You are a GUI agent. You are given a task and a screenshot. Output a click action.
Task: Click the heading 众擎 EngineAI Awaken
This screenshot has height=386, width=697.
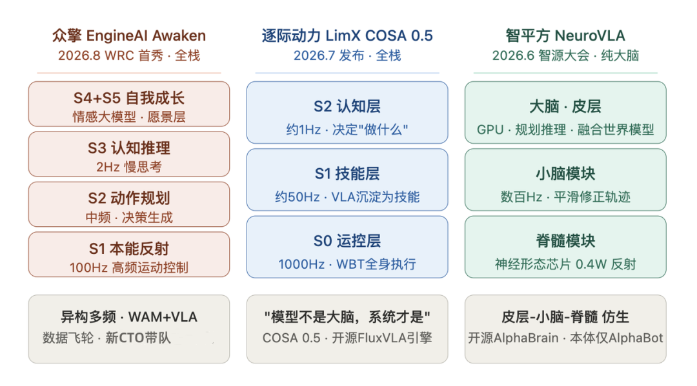coord(129,35)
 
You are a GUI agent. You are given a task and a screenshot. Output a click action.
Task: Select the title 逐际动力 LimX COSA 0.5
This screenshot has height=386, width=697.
coord(347,35)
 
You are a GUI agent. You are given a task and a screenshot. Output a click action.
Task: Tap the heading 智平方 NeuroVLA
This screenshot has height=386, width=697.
coord(565,35)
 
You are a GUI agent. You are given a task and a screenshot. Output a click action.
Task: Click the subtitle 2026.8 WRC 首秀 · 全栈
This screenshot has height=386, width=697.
coord(129,55)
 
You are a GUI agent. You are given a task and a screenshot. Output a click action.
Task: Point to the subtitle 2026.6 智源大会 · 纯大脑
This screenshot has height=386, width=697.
coord(565,55)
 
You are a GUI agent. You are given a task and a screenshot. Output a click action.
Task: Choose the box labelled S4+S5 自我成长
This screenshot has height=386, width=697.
coord(129,104)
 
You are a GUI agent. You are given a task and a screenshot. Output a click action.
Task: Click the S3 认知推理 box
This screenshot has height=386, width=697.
coord(129,154)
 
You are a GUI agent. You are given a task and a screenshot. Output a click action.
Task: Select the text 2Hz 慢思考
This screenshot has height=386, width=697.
coord(129,167)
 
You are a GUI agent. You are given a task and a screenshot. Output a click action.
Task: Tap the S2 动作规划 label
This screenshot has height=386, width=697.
coord(129,198)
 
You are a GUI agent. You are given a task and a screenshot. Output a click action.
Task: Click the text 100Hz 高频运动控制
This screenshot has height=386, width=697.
coord(129,267)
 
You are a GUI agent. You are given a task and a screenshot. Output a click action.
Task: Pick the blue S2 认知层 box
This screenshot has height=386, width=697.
coord(347,112)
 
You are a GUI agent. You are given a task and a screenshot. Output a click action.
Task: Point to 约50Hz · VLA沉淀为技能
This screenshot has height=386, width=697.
coord(347,197)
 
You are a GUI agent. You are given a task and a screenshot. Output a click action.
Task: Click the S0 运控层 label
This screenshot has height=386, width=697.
coord(347,241)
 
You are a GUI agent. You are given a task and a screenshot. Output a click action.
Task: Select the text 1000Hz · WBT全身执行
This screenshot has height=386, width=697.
coord(347,264)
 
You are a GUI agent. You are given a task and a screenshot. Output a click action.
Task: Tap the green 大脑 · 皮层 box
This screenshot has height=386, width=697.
coord(565,112)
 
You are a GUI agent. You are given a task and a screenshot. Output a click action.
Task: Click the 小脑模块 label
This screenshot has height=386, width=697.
coord(565,173)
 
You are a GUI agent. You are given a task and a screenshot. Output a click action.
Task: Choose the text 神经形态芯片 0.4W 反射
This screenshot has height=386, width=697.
coord(565,264)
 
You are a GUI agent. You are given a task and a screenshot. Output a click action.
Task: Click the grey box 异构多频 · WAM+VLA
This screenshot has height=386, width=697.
coord(129,329)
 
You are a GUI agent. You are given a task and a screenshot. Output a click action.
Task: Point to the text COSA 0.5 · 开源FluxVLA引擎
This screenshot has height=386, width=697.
coord(347,338)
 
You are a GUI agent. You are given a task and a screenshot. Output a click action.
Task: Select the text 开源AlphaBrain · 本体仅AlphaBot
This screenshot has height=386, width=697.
coord(565,338)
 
